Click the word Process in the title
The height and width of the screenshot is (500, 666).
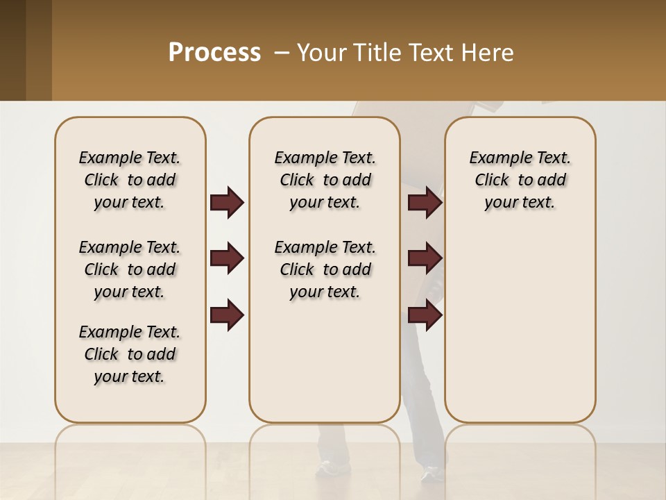click(x=214, y=52)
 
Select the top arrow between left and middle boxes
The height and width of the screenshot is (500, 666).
click(x=227, y=202)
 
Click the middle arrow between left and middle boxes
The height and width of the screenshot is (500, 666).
click(x=227, y=258)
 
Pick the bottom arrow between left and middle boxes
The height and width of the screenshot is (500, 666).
click(x=227, y=315)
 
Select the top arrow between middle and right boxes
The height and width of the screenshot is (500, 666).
click(x=425, y=202)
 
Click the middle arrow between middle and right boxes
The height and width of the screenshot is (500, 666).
click(x=425, y=258)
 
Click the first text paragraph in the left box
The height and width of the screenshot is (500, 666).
click(x=130, y=180)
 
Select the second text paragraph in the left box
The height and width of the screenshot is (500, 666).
click(x=130, y=269)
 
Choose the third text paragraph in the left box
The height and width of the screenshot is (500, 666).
click(x=130, y=354)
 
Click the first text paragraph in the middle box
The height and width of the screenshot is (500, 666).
click(x=325, y=180)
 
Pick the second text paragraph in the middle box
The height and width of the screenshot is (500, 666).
click(x=325, y=269)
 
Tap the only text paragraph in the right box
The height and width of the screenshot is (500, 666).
click(x=520, y=180)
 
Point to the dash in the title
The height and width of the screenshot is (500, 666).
click(x=282, y=53)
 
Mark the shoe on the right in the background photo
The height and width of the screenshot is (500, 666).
click(x=432, y=474)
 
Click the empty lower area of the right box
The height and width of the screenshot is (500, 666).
click(x=520, y=326)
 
